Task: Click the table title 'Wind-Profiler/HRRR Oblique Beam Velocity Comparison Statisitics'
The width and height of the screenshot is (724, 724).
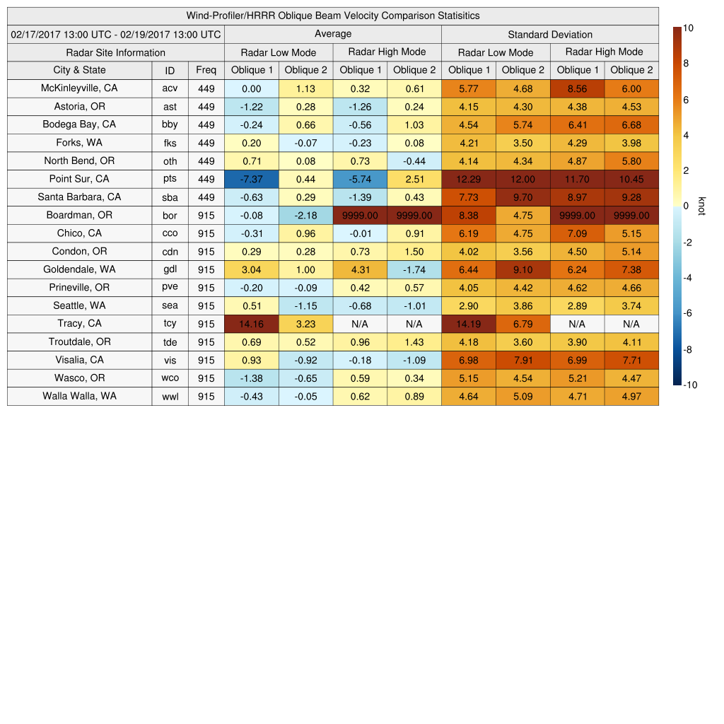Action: [x=333, y=16]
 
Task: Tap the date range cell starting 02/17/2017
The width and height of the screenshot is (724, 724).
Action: [x=116, y=34]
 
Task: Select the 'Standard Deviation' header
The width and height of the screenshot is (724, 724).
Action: [x=550, y=34]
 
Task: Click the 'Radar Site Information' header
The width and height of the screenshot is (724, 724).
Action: [x=116, y=52]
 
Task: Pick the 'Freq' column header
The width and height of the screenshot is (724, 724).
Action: [x=206, y=70]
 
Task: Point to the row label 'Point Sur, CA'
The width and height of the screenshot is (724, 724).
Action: [x=79, y=179]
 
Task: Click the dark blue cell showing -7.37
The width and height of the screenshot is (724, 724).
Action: [x=252, y=180]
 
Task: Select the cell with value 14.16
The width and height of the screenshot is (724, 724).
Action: [x=252, y=324]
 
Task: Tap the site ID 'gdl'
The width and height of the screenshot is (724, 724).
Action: [x=170, y=269]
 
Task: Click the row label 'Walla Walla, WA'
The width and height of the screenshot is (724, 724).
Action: [x=79, y=396]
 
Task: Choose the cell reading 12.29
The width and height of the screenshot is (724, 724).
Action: [x=469, y=180]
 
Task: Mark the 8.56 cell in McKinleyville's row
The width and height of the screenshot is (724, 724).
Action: [x=577, y=89]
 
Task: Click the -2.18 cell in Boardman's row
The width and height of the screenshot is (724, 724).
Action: [x=305, y=216]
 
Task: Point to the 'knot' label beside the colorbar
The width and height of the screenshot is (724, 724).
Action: [x=701, y=206]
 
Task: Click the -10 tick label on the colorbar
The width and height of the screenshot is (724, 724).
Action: [x=690, y=385]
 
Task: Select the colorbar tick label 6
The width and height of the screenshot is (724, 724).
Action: [x=687, y=100]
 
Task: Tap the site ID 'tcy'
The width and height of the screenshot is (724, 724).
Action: [x=170, y=324]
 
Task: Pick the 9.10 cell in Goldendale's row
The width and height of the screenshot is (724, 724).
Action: [x=522, y=269]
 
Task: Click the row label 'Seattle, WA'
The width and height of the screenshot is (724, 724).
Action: [x=79, y=305]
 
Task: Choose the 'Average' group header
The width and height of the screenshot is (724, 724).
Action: [x=332, y=34]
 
